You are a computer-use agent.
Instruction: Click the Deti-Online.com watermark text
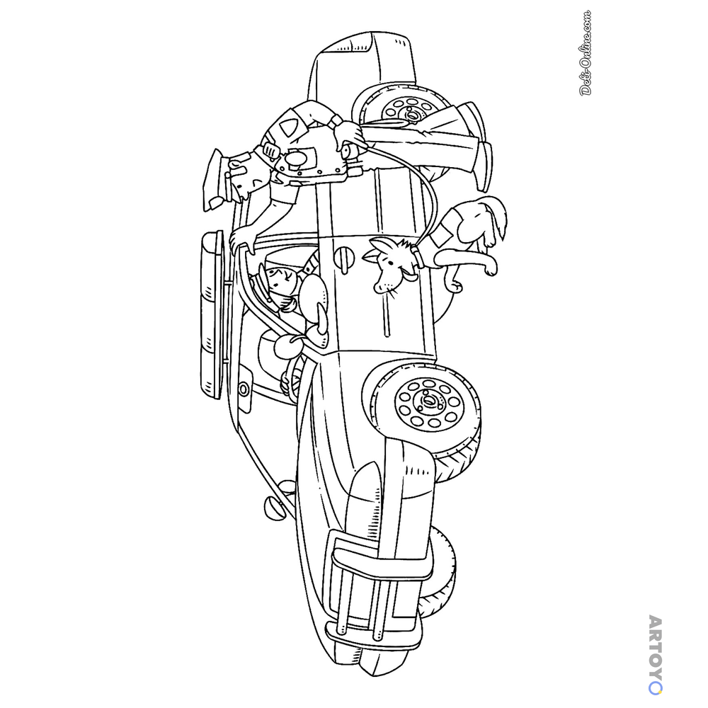point(586,53)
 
